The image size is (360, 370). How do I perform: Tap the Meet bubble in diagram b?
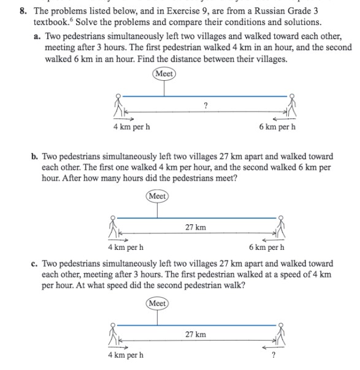coord(158,196)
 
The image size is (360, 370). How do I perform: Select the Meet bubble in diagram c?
coord(158,303)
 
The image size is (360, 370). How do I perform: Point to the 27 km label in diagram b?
coord(196,227)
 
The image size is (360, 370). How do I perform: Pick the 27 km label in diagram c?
coord(196,334)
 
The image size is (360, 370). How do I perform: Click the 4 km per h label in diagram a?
coord(132,127)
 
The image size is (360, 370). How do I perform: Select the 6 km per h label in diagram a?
coord(277,127)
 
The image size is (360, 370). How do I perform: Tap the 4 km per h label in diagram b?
coord(126,247)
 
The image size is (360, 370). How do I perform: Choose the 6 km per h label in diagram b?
coord(267,247)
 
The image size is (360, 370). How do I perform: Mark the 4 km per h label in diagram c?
coord(126,355)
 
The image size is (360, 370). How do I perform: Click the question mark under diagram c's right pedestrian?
coord(273,355)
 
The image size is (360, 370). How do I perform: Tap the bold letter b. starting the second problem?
coord(35,156)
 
